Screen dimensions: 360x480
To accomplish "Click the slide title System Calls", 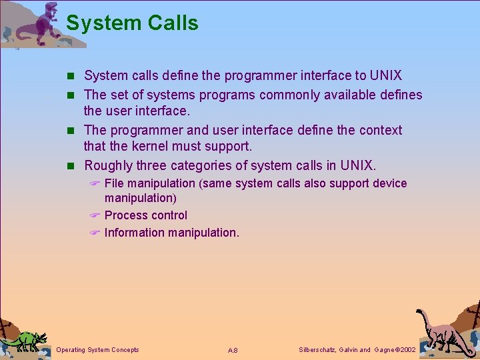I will click(132, 23).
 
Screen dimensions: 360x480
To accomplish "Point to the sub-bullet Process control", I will click(145, 215).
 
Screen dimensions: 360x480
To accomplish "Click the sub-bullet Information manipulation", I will click(171, 233).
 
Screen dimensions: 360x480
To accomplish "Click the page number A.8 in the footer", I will click(233, 351).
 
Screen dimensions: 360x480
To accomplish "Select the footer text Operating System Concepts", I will click(98, 350).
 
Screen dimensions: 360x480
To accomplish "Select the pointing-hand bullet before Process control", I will click(95, 215).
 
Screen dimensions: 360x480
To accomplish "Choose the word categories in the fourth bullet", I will click(203, 165).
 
